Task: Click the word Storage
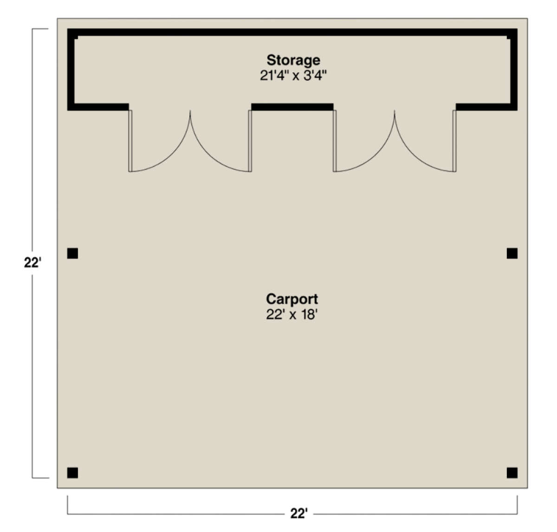click(x=293, y=60)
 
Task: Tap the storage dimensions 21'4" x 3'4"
click(x=293, y=76)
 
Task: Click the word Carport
click(x=291, y=299)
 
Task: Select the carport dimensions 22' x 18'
click(x=291, y=315)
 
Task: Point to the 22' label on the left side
click(x=32, y=263)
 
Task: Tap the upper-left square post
click(x=72, y=253)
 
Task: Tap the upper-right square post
click(x=512, y=253)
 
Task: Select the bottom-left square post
click(x=72, y=473)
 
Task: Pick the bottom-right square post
click(x=512, y=473)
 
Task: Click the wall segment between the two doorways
click(x=292, y=107)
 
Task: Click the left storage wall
click(x=71, y=70)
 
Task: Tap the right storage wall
click(x=514, y=70)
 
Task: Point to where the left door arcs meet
click(x=190, y=111)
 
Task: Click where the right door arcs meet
click(x=395, y=111)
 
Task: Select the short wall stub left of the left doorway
click(x=98, y=107)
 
